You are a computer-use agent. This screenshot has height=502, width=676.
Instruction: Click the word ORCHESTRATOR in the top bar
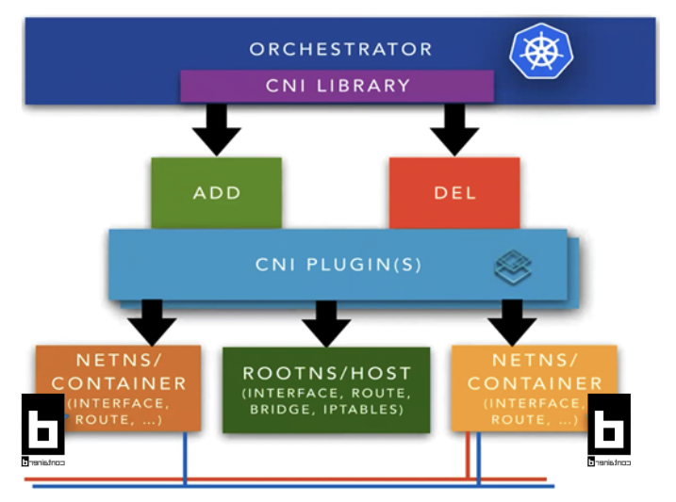pyautogui.click(x=340, y=49)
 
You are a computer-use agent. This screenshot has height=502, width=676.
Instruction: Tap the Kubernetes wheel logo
pyautogui.click(x=541, y=51)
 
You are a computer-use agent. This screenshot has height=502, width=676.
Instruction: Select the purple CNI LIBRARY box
pyautogui.click(x=338, y=86)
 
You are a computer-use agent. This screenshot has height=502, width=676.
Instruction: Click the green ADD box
pyautogui.click(x=216, y=193)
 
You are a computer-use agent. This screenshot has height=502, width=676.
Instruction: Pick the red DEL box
pyautogui.click(x=454, y=193)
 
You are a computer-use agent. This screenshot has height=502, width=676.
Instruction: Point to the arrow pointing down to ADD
pyautogui.click(x=217, y=128)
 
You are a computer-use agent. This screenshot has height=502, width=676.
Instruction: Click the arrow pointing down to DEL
pyautogui.click(x=454, y=128)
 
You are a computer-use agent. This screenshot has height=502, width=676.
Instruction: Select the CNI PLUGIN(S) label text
pyautogui.click(x=338, y=265)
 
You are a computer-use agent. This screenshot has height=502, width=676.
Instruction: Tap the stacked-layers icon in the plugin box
pyautogui.click(x=513, y=267)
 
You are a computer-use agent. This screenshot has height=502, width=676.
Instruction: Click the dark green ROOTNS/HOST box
pyautogui.click(x=326, y=389)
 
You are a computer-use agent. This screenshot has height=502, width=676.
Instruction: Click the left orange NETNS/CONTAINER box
pyautogui.click(x=119, y=387)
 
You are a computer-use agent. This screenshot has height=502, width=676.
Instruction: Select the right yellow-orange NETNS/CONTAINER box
pyautogui.click(x=534, y=387)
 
